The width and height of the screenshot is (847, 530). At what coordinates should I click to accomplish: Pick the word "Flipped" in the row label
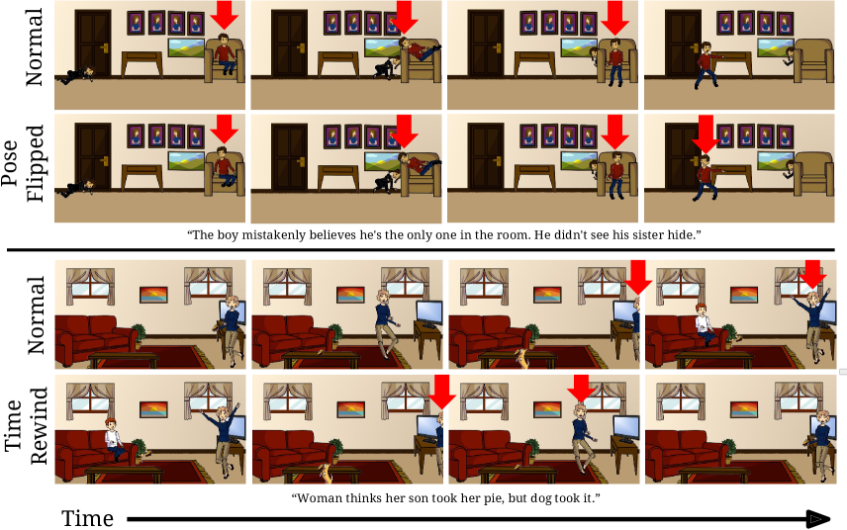tap(34, 163)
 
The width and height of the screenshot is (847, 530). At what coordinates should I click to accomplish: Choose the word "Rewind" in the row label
tap(39, 426)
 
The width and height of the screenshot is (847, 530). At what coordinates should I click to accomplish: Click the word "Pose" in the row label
tap(10, 163)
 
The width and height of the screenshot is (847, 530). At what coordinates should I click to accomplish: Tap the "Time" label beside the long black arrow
tap(88, 519)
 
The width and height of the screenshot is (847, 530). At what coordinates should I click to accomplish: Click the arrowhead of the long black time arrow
tap(819, 519)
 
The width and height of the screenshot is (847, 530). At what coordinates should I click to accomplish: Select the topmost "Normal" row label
tap(34, 47)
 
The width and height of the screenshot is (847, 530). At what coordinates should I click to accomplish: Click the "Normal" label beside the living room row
tap(36, 315)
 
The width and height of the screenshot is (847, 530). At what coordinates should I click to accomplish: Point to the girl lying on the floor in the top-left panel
tap(77, 75)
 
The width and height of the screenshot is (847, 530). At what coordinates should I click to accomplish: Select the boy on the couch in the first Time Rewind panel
tap(114, 439)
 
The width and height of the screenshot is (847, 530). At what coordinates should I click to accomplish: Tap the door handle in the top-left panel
tap(104, 48)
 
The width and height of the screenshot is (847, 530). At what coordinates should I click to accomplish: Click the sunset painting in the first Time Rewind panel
tap(153, 409)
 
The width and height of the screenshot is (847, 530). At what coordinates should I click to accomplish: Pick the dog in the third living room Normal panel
tap(521, 358)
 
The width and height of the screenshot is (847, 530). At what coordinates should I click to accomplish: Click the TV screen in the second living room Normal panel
tap(428, 313)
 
